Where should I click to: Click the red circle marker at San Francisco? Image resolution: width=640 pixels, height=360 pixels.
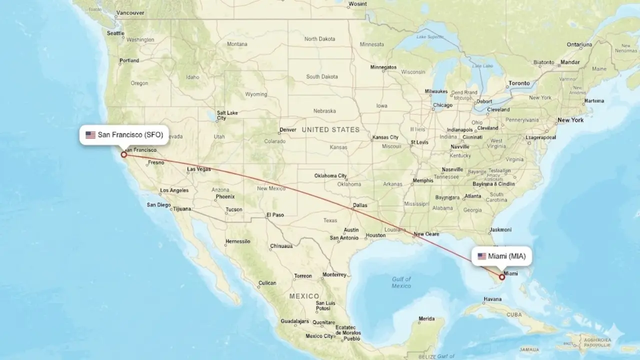123,154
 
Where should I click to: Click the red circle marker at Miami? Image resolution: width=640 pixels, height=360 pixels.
502,276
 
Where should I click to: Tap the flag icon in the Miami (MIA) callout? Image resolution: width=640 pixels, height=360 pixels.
481,256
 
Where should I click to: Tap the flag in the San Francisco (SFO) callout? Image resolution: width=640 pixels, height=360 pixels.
90,134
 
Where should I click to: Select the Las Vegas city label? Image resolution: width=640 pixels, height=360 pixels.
199,169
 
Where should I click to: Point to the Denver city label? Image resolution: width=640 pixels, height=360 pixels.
287,130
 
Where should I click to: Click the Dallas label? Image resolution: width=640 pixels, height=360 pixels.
359,205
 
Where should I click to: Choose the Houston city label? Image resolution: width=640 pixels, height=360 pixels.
375,235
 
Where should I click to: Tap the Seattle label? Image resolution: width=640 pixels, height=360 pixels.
115,33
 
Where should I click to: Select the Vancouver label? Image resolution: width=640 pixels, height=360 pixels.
129,13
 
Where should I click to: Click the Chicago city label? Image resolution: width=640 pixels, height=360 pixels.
442,105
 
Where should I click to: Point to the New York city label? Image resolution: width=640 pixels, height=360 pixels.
570,120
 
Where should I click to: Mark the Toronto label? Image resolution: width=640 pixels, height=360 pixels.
519,83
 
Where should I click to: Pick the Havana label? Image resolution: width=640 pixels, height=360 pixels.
492,299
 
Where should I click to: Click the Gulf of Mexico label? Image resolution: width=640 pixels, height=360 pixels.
401,282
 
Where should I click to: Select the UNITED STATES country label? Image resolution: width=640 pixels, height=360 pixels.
330,129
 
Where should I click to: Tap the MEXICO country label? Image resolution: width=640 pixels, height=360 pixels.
304,296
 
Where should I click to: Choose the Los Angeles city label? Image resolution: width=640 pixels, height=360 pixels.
174,190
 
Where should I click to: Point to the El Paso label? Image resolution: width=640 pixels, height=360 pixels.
275,215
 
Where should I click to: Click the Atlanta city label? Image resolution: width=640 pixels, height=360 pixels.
472,196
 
